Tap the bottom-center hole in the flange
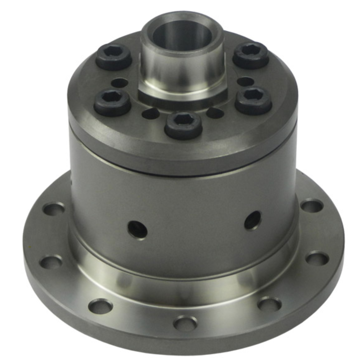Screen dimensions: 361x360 [x=185, y=323]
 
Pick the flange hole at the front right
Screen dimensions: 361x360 [x=269, y=304]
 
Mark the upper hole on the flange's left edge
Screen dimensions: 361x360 [x=54, y=209]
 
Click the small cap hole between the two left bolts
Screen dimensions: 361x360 [x=120, y=82]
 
